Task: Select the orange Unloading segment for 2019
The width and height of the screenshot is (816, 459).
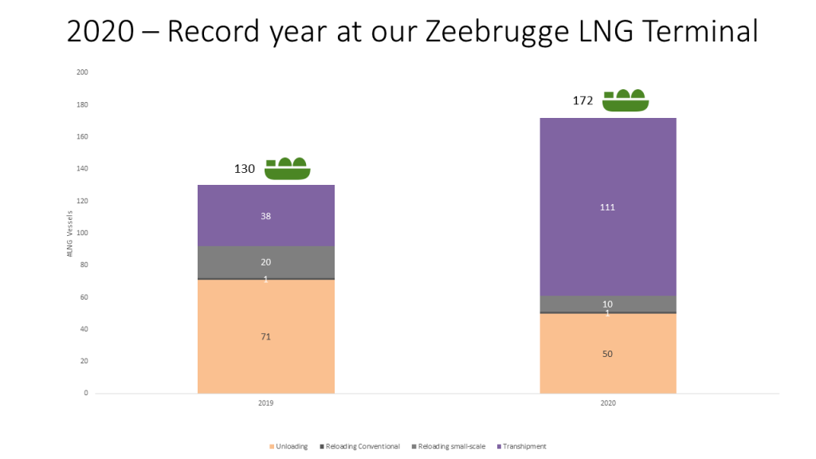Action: coord(265,359)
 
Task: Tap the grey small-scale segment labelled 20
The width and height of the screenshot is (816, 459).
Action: coord(265,262)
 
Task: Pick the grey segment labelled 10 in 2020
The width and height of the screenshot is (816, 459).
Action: coord(608,304)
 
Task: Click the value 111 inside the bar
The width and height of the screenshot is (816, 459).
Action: coord(608,207)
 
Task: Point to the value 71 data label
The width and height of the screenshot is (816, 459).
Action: coord(265,336)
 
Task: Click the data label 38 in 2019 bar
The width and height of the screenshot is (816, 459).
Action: coord(265,216)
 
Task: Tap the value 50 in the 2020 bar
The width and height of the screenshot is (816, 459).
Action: coord(608,354)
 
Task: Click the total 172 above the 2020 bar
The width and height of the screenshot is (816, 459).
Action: coord(584,101)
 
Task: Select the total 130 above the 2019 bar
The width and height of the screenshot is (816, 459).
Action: coord(244,169)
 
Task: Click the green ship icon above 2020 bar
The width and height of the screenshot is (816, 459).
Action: coord(626,100)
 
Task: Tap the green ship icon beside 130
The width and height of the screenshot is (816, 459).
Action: coord(287,168)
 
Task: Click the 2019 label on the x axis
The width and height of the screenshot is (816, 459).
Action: coord(265,403)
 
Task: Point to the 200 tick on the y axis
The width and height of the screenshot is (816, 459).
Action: coord(82,73)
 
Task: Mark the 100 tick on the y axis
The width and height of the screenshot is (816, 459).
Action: coord(82,233)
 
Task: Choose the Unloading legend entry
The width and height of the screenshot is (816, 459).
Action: coord(289,446)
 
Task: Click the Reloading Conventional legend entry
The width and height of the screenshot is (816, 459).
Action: coord(361,446)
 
